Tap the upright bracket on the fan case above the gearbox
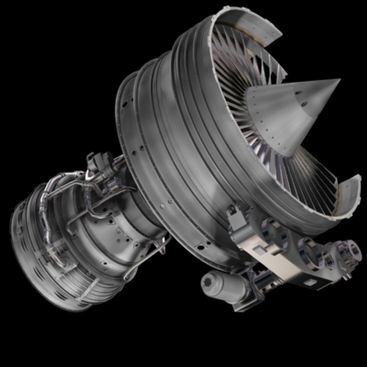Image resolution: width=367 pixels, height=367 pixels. [x=233, y=211]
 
